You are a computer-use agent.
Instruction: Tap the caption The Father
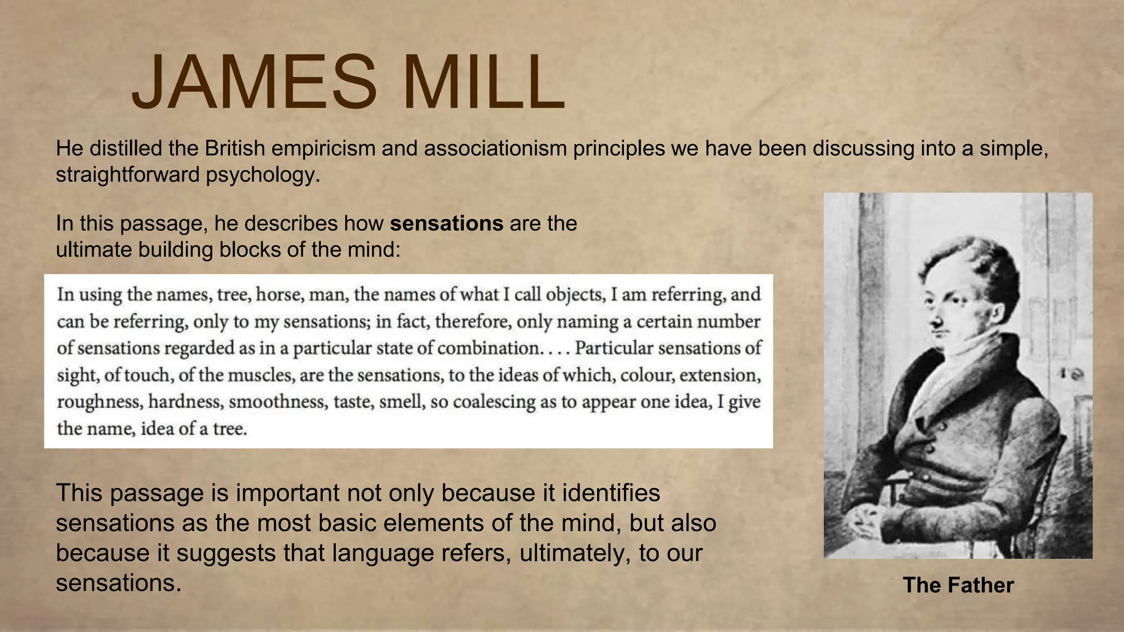tap(958, 585)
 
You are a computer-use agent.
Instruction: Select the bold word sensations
tap(447, 224)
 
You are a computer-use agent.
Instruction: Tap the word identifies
tap(609, 493)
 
